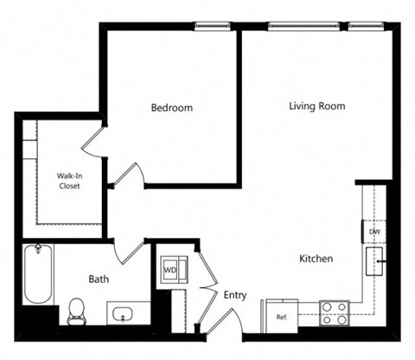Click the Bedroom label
coord(171,108)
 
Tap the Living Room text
coord(316,106)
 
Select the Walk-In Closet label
coord(70,180)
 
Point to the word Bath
coord(99,280)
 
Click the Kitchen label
coord(316,259)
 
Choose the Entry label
coord(234,295)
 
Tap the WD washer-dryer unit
coord(170,269)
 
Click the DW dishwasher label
coord(374,232)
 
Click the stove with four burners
coord(334,312)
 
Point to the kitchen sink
coord(377,260)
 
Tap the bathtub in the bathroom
coord(36,274)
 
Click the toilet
coord(76,309)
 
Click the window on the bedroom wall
coord(215,26)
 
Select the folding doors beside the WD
coord(206,275)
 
